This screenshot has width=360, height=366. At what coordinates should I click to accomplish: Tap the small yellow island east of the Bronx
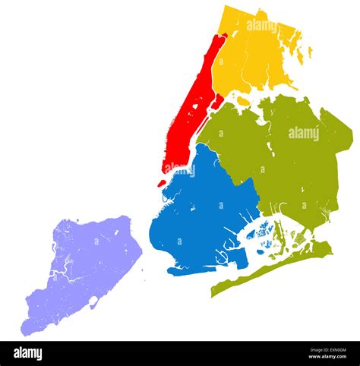[x=310, y=52]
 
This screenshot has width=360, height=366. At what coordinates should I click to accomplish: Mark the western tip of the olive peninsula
[x=213, y=293]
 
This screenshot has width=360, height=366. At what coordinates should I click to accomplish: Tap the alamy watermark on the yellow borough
[x=261, y=26]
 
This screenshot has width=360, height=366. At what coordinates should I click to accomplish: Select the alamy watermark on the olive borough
[x=304, y=134]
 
